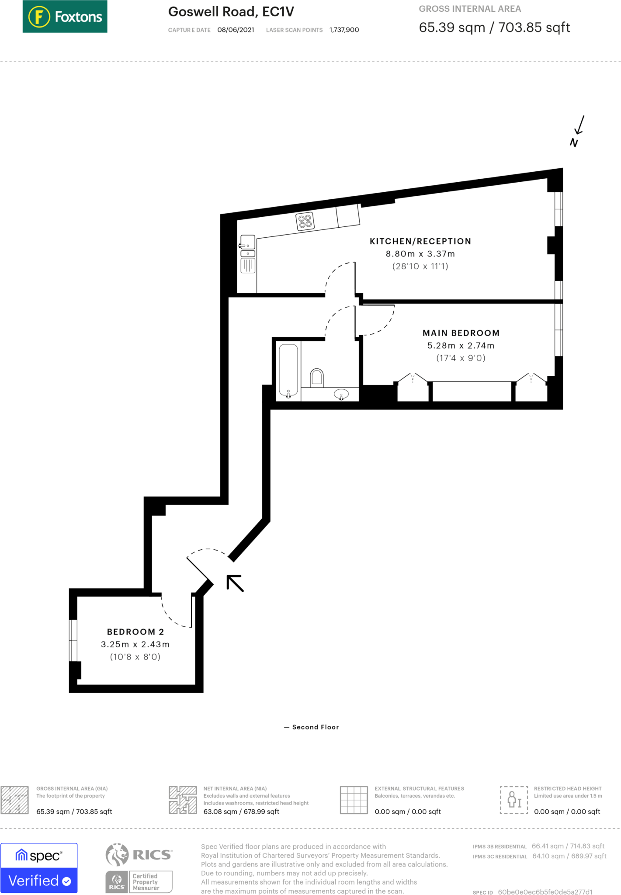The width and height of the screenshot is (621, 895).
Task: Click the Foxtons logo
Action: [x=65, y=17]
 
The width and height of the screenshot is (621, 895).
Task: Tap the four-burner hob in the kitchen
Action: [x=305, y=221]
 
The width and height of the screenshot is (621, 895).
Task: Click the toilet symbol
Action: [x=317, y=378]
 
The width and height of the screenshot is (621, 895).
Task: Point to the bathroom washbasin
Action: [x=341, y=394]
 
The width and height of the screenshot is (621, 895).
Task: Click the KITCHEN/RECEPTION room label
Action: [x=420, y=241]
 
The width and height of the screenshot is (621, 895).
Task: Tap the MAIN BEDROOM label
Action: [x=461, y=333]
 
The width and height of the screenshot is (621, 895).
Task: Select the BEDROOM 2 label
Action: [x=135, y=632]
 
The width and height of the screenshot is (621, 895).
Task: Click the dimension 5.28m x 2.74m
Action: [x=461, y=346]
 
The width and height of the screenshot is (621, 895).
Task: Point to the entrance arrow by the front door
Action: [x=235, y=583]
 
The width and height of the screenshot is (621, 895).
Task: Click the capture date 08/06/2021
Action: [x=236, y=30]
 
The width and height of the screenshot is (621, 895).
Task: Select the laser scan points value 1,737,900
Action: [x=344, y=30]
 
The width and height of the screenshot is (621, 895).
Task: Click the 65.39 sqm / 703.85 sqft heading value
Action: [x=494, y=28]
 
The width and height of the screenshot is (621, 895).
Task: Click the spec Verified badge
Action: [x=39, y=868]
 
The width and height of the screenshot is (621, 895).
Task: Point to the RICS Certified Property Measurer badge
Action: [x=139, y=882]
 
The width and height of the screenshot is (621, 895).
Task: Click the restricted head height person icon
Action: [x=514, y=800]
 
